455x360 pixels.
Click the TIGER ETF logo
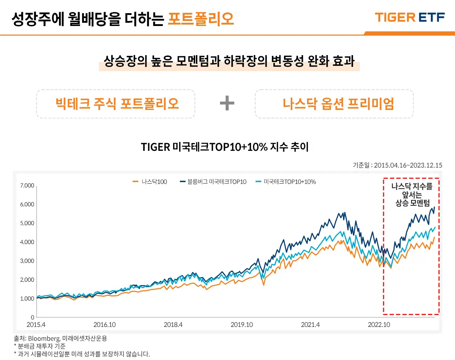pyautogui.click(x=409, y=17)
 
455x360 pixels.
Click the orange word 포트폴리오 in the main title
pyautogui.click(x=201, y=19)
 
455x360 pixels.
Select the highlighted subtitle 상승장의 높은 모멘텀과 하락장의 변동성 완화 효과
pyautogui.click(x=229, y=61)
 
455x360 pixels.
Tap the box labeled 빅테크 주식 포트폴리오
pyautogui.click(x=116, y=104)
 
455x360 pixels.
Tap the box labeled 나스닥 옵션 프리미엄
pyautogui.click(x=334, y=104)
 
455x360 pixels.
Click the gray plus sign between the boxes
pyautogui.click(x=227, y=104)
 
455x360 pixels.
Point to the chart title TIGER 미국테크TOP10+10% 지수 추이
pyautogui.click(x=225, y=147)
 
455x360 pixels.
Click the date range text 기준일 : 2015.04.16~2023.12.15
pyautogui.click(x=397, y=165)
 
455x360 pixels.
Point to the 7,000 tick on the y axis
pyautogui.click(x=27, y=185)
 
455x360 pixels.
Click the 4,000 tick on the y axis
pyautogui.click(x=27, y=242)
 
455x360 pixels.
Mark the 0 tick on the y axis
pyautogui.click(x=32, y=317)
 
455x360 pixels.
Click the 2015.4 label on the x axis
pyautogui.click(x=36, y=324)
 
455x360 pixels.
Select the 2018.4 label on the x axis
pyautogui.click(x=173, y=324)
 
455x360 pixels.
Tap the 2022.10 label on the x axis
pyautogui.click(x=379, y=324)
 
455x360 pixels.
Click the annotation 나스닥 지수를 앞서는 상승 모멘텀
pyautogui.click(x=412, y=195)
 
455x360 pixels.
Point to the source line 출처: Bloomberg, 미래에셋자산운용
pyautogui.click(x=60, y=338)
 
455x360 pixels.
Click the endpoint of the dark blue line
pyautogui.click(x=434, y=207)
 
